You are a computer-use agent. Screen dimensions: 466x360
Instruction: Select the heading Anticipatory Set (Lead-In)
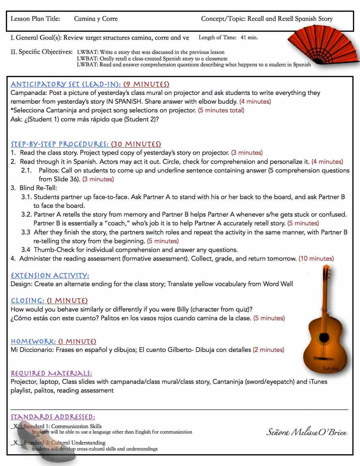(90, 84)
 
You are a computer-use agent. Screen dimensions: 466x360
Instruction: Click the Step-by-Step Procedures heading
(86, 144)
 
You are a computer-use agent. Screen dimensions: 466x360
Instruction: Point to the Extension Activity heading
(50, 275)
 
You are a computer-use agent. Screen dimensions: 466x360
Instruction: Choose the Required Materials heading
(51, 373)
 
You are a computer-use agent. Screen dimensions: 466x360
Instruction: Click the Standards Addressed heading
(53, 417)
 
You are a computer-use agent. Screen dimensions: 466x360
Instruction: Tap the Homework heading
(53, 341)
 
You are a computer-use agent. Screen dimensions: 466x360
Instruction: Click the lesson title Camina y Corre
(96, 19)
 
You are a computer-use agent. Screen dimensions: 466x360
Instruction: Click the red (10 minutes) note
(316, 258)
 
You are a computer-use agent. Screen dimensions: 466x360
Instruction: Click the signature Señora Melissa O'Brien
(307, 432)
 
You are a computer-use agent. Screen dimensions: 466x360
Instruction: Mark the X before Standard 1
(16, 426)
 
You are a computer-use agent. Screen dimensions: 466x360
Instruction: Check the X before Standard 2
(16, 443)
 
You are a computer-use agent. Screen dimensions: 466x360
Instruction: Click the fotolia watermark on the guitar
(330, 369)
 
